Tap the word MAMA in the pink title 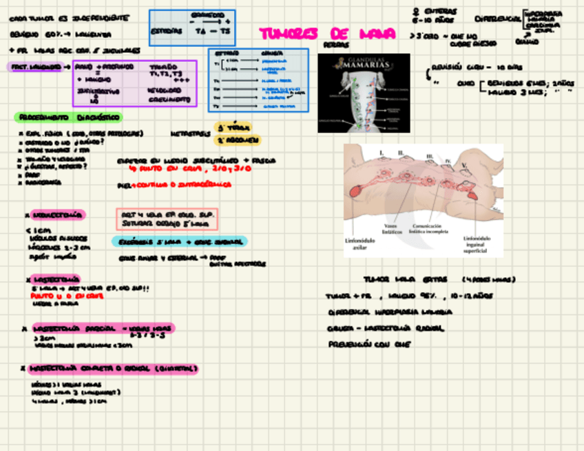[x=377, y=34]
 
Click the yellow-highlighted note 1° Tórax [x=233, y=127]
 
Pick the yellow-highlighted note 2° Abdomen [x=238, y=140]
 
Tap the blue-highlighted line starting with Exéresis [x=179, y=241]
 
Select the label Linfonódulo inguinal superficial [x=475, y=244]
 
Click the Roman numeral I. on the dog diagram [x=382, y=151]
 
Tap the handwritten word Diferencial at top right [x=497, y=19]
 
